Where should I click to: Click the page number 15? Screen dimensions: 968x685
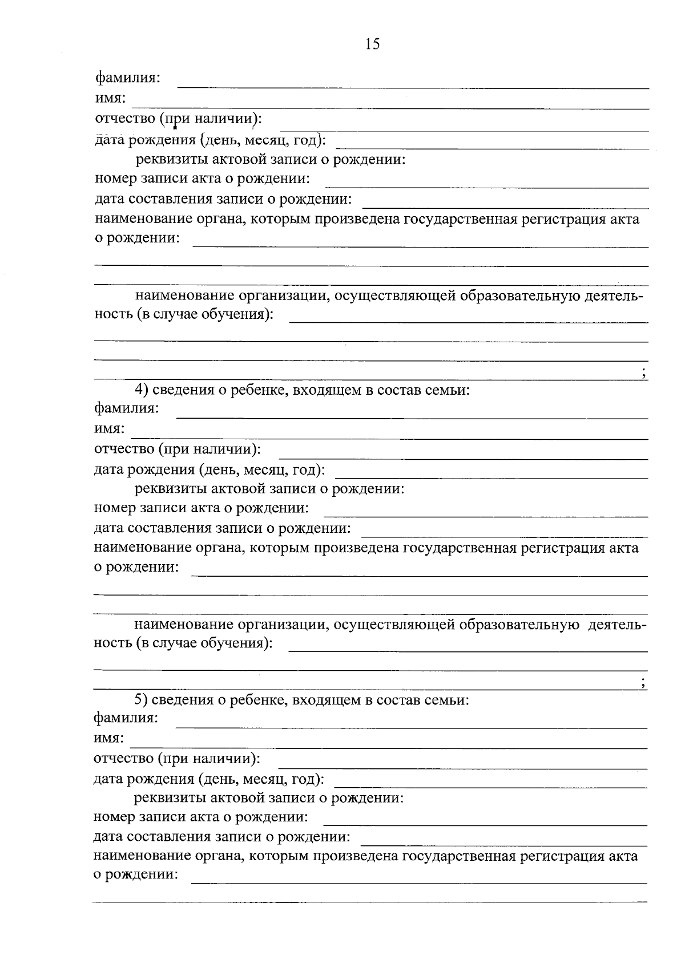coord(372,44)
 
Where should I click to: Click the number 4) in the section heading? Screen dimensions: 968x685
coord(142,390)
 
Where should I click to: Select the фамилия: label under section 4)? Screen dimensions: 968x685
coord(127,408)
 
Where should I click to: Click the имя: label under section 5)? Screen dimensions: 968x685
coord(108,738)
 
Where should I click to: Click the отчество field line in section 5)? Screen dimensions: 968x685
coord(462,768)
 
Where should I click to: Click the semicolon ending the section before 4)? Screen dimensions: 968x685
coord(643,374)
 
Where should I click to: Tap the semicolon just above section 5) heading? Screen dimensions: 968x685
coord(643,684)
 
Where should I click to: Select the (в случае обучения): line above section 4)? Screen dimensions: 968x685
coord(469,322)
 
